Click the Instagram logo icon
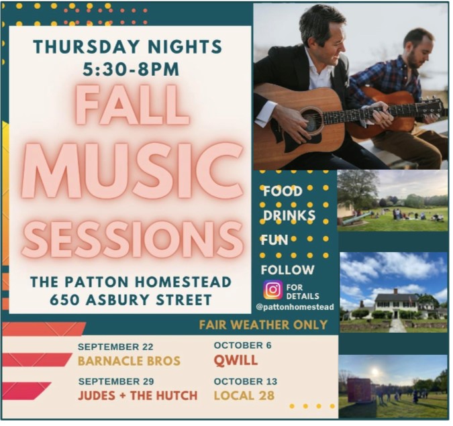(x=272, y=290)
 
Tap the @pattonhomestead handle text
(x=295, y=307)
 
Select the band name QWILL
(x=236, y=360)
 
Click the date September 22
(x=115, y=347)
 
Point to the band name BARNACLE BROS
(x=129, y=361)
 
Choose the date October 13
(x=246, y=381)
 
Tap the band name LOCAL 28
(x=244, y=396)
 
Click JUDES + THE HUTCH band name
(x=138, y=396)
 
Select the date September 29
(x=116, y=381)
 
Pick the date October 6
(x=243, y=345)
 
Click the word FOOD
(x=283, y=191)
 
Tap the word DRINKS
(x=289, y=215)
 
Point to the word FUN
(x=274, y=240)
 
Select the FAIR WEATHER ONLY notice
(x=263, y=325)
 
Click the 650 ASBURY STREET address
(x=131, y=300)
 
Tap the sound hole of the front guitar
(x=311, y=121)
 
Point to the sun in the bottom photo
(x=374, y=371)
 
